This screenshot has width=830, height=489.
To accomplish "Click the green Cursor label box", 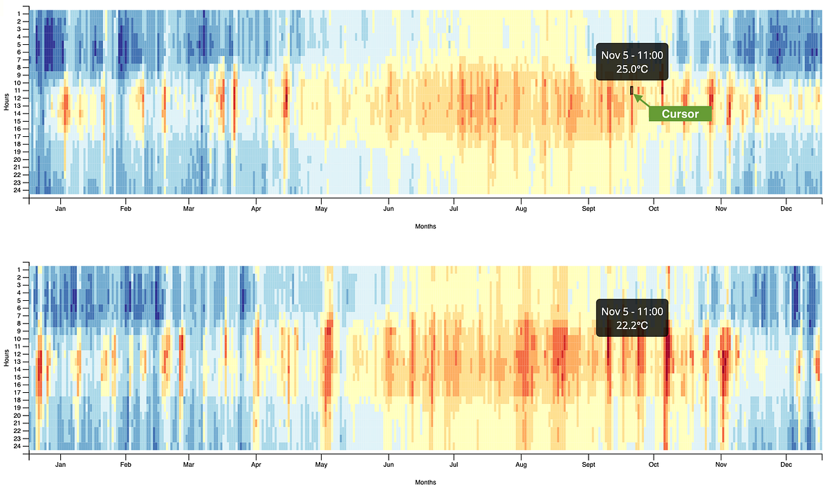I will tap(680, 113).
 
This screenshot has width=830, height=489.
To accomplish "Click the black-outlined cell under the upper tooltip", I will tap(631, 91).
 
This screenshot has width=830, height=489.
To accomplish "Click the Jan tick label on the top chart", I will tap(61, 208).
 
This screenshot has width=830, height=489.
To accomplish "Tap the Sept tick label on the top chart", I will tap(589, 208).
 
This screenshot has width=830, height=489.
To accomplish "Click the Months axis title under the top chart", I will tap(425, 226).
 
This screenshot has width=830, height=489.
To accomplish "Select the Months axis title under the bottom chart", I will tap(425, 481).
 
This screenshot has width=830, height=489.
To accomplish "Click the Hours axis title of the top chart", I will tap(6, 102).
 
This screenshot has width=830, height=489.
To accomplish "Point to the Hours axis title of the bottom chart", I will tap(6, 358).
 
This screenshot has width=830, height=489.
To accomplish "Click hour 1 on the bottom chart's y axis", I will tap(24, 268).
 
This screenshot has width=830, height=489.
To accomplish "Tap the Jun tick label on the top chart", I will tap(389, 208).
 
